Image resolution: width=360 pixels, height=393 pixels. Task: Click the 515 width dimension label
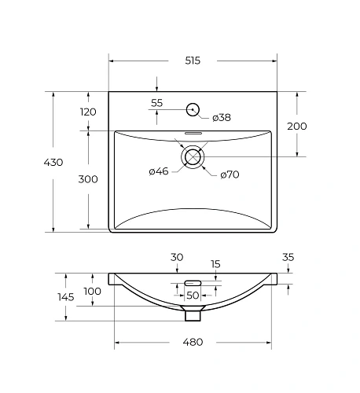click(x=192, y=61)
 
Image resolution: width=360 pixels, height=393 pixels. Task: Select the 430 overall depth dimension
click(x=53, y=162)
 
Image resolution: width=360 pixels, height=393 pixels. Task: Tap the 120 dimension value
click(x=89, y=112)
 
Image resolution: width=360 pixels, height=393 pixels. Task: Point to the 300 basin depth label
click(x=89, y=179)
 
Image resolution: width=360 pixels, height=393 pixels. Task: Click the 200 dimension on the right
click(x=297, y=126)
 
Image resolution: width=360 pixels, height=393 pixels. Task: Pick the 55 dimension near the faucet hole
click(x=156, y=103)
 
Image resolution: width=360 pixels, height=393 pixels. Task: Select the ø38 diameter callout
click(x=222, y=118)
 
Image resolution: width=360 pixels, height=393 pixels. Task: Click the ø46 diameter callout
click(x=159, y=171)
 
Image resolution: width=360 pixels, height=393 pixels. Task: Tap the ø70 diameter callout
click(x=229, y=174)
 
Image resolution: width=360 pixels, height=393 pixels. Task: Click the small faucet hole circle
click(x=193, y=109)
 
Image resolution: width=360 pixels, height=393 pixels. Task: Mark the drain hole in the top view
click(x=193, y=157)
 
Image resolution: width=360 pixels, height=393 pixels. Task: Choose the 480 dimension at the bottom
click(x=193, y=342)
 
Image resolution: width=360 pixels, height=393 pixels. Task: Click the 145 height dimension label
click(x=65, y=296)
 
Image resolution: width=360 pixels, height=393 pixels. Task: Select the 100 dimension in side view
click(x=92, y=292)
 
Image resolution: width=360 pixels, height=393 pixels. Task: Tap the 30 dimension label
click(x=177, y=257)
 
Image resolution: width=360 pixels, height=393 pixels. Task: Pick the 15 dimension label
click(x=215, y=265)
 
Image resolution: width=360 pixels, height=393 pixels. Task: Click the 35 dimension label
click(x=288, y=257)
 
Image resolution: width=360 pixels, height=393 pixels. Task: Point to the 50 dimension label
click(x=193, y=295)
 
